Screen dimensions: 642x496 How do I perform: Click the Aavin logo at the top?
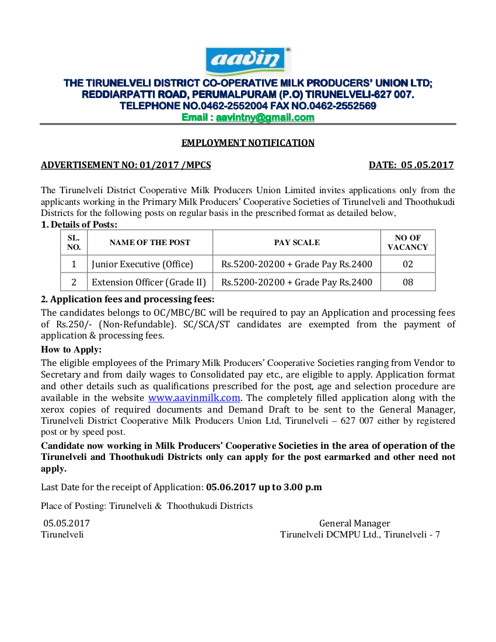point(249,61)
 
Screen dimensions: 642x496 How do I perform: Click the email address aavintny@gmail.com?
point(265,117)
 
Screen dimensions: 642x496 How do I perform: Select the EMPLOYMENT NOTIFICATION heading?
point(248,143)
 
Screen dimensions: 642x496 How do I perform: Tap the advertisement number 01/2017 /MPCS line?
point(126,165)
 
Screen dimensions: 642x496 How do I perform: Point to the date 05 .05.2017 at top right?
point(411,165)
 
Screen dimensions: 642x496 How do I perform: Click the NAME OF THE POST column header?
point(150,242)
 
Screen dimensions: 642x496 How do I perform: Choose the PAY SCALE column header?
point(297,242)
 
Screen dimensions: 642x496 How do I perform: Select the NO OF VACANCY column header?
point(407,242)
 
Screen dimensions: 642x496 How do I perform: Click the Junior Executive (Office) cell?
point(142,264)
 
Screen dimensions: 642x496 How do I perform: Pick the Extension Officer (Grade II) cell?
point(149,282)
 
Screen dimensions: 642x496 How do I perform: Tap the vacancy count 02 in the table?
point(407,264)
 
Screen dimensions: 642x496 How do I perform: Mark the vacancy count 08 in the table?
point(407,282)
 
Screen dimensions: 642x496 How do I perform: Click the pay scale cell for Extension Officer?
point(297,282)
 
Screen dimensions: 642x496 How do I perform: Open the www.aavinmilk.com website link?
point(194,398)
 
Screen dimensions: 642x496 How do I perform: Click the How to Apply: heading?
point(71,350)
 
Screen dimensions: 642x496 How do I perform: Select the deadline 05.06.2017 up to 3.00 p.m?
point(264,487)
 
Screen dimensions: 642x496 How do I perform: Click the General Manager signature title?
point(354,524)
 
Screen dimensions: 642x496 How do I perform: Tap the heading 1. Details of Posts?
point(79,225)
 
